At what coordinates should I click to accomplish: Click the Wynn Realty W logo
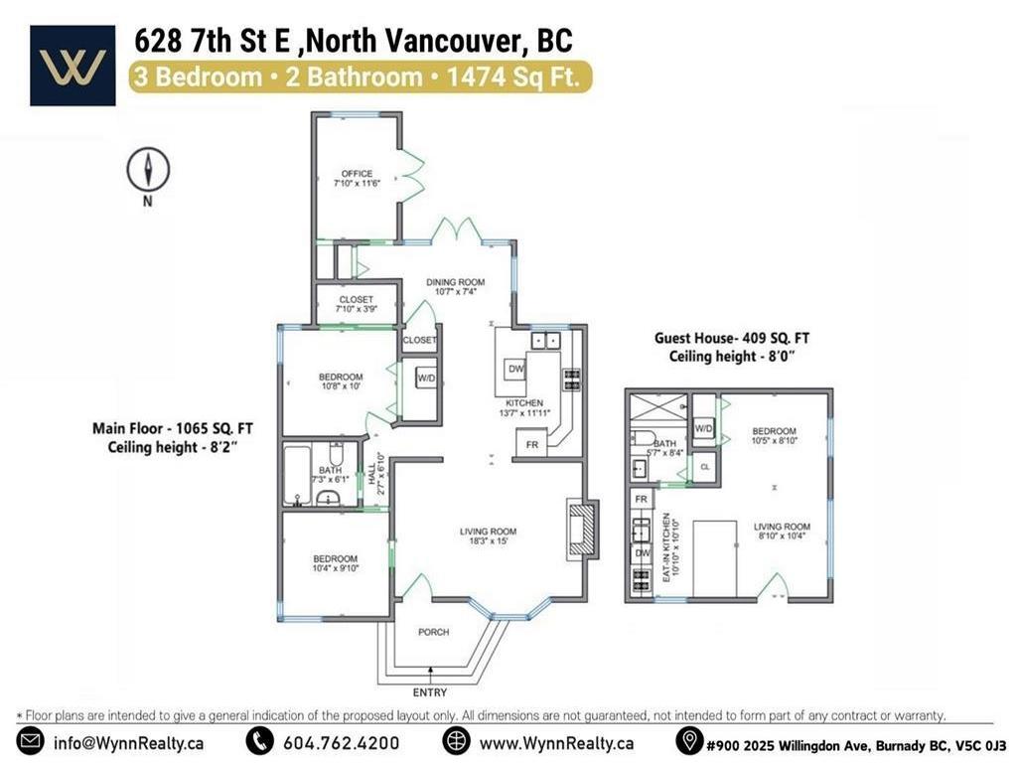click(73, 66)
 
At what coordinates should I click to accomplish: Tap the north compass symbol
click(147, 170)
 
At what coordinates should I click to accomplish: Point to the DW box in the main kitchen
click(515, 369)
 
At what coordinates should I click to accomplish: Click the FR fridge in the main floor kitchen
click(531, 444)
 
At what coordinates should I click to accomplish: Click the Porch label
click(433, 632)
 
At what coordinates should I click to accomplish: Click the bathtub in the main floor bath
click(297, 476)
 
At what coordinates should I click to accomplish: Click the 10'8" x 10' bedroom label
click(340, 381)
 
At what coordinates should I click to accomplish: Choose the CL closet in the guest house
click(704, 465)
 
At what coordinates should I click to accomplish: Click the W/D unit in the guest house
click(703, 428)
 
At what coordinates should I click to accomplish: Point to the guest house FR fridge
click(641, 498)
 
